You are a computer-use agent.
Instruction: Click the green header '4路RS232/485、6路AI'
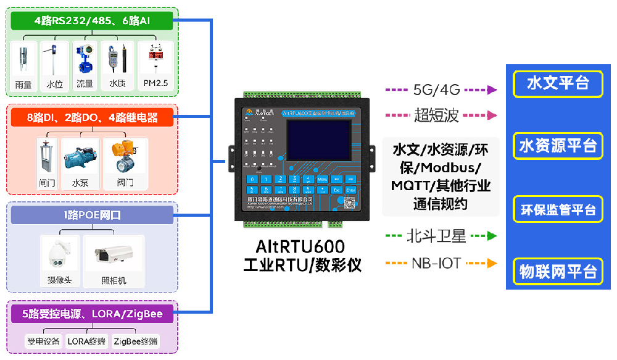pos(93,21)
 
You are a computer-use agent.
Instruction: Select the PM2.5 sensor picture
pos(155,60)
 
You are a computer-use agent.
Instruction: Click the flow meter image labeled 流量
pos(85,61)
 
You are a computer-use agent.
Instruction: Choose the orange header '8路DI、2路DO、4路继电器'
pos(93,117)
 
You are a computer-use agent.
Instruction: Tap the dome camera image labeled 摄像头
pos(60,255)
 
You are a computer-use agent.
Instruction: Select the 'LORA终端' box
pos(86,341)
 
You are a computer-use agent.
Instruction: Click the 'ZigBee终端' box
pos(136,341)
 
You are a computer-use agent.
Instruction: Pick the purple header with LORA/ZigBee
pos(93,314)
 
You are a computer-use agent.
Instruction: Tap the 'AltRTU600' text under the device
pos(300,247)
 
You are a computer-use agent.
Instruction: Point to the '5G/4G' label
pos(437,90)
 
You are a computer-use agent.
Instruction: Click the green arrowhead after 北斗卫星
pos(492,236)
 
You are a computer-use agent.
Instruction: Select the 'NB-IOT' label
pos(436,263)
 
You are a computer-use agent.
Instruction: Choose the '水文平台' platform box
pos(558,83)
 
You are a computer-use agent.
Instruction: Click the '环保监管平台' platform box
pos(558,209)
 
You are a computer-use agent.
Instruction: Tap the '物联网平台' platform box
pos(558,271)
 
